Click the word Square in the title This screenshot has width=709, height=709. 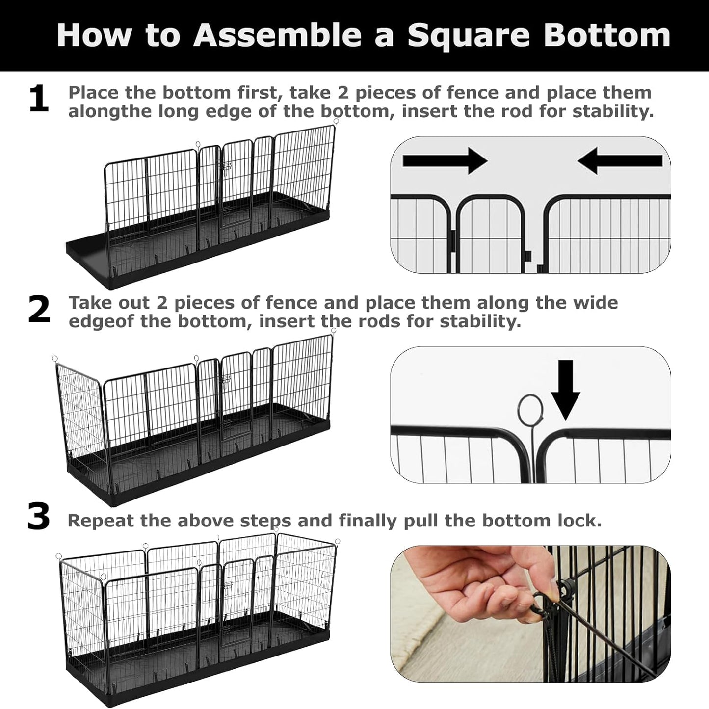tap(468, 35)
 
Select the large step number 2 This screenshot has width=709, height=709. tap(39, 310)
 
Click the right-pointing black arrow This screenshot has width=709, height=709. tap(445, 160)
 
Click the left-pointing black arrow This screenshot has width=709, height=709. tap(620, 160)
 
